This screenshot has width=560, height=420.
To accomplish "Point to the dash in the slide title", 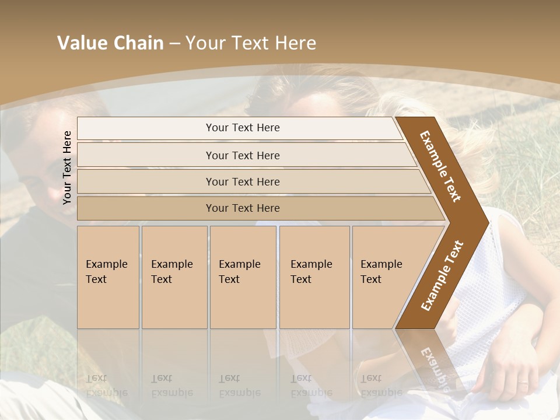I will click(174, 44).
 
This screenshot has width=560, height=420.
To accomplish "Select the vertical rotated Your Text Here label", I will click(67, 167).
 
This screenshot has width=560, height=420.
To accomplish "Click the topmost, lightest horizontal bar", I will click(243, 128).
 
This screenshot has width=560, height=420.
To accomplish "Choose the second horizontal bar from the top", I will click(243, 155).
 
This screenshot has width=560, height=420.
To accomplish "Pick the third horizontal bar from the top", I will click(243, 181).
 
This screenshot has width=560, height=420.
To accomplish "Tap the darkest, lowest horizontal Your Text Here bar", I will click(243, 208).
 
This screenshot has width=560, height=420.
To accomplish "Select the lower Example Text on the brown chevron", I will click(442, 275).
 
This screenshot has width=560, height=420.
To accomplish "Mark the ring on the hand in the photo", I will click(522, 383).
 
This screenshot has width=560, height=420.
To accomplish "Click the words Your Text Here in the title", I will click(251, 43).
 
